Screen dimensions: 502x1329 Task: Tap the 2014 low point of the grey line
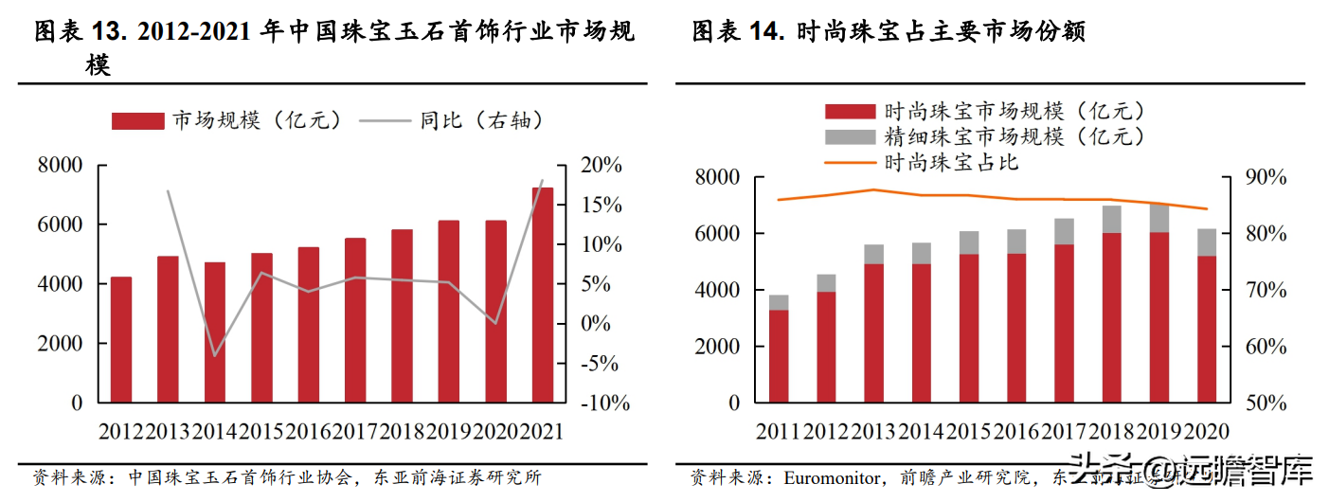(x=215, y=356)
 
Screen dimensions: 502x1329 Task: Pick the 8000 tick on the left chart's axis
(x=61, y=166)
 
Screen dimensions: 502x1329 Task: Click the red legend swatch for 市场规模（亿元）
(x=138, y=121)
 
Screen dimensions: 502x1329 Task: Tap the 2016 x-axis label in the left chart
(x=308, y=431)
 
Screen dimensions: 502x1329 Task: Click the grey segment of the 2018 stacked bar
(x=1111, y=219)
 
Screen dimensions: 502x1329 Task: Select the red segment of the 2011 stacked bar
(x=779, y=355)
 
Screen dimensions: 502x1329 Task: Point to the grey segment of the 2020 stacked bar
(x=1205, y=242)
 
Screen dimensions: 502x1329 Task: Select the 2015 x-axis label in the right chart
(x=968, y=431)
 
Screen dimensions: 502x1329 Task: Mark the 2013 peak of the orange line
(x=873, y=189)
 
